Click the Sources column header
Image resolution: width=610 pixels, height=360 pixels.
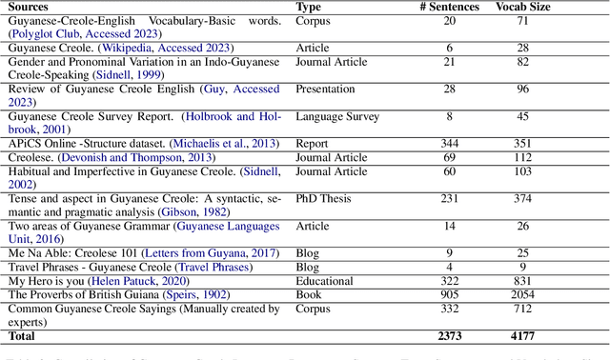pyautogui.click(x=34, y=6)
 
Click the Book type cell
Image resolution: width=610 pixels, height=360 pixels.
pyautogui.click(x=310, y=296)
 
